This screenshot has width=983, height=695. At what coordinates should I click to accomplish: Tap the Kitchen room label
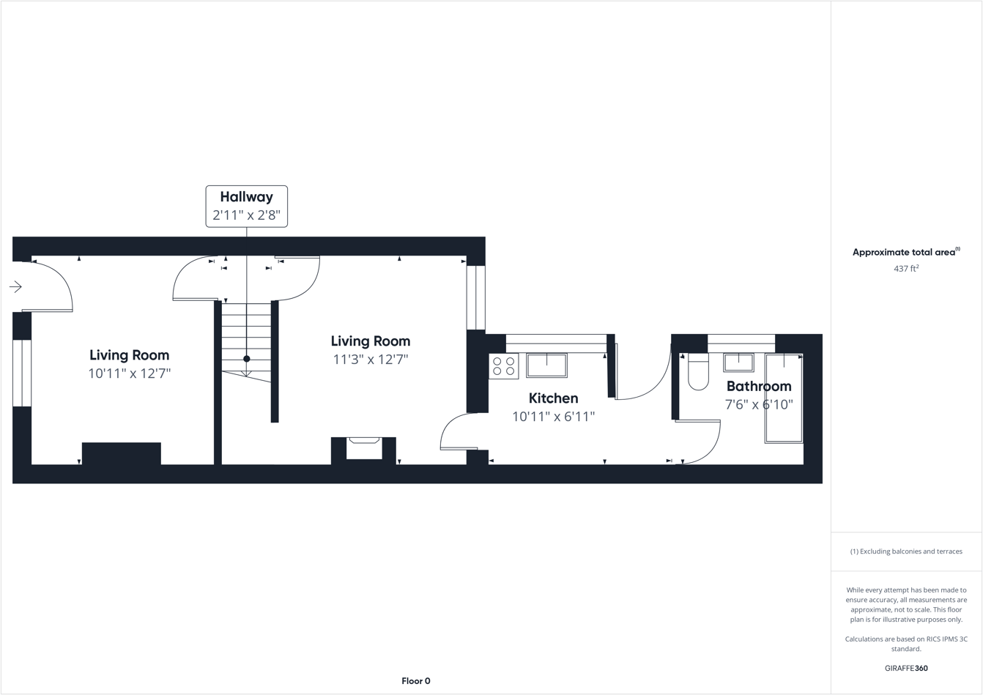[553, 398]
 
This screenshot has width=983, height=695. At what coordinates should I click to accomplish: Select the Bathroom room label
[759, 386]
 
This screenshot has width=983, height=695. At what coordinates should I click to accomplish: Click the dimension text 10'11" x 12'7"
[129, 373]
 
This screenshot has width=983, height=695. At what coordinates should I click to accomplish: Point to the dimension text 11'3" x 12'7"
[370, 360]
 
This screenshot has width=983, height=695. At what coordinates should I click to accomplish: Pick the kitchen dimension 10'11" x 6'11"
[553, 417]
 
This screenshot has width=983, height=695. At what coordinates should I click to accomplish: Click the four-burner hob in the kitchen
[504, 366]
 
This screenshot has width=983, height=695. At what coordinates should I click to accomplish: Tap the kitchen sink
[546, 365]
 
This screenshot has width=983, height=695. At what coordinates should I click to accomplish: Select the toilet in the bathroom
[698, 373]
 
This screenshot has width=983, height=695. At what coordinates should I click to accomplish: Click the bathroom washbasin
[738, 362]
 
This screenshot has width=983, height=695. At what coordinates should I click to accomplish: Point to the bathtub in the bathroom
[784, 399]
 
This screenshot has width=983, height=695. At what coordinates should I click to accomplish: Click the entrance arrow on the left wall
[15, 287]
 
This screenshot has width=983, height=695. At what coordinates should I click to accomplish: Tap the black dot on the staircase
[247, 359]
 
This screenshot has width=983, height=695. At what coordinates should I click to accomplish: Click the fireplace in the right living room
[364, 447]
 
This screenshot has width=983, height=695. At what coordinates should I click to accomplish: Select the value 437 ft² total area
[906, 269]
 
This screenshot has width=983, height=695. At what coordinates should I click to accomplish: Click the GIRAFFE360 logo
[906, 668]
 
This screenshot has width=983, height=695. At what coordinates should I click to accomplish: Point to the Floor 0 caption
[416, 681]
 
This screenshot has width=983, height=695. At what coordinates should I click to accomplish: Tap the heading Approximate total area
[904, 253]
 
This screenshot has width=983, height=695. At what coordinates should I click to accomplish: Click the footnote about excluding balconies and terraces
[906, 551]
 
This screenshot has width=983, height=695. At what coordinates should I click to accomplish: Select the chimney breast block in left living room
[121, 453]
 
